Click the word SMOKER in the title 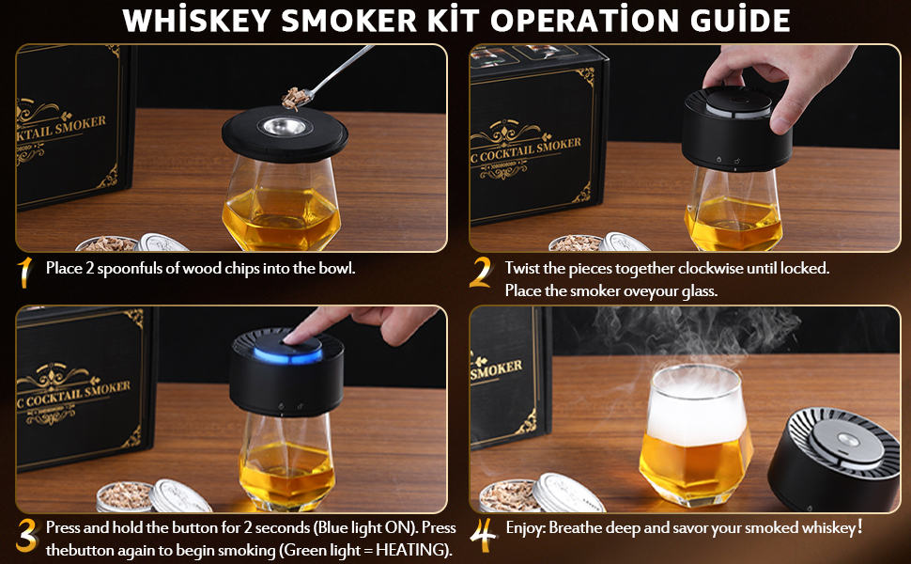348,21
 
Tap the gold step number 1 24,272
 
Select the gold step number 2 481,272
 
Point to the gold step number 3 26,536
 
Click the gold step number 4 484,534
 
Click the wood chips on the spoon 295,99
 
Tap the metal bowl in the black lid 285,127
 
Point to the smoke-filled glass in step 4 695,434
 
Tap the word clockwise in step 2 711,268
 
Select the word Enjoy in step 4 526,528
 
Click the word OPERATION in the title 584,21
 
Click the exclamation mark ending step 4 860,526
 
